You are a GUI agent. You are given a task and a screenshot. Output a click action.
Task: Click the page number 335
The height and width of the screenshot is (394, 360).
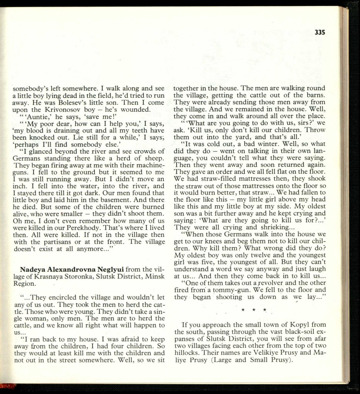[x=320, y=32]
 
